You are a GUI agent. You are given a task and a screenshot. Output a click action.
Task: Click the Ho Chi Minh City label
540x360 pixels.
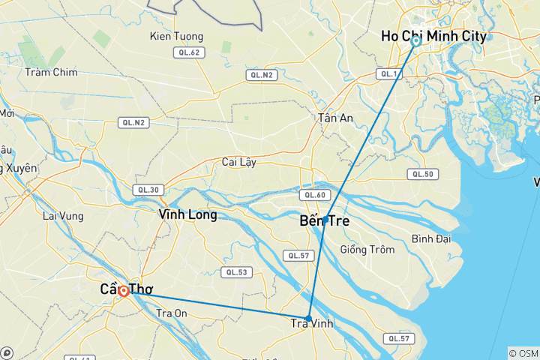(433, 36)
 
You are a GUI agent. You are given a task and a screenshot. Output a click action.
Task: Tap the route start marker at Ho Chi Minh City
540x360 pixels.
(415, 42)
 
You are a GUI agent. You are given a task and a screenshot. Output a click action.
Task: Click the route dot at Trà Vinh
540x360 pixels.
(309, 318)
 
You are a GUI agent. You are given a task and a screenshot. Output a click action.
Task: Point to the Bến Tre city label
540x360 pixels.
(324, 222)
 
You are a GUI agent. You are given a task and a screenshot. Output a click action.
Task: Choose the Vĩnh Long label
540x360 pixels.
(187, 214)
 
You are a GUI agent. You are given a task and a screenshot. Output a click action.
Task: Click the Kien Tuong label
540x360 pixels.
(171, 35)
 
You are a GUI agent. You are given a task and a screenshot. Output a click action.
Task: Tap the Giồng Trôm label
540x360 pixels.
(366, 250)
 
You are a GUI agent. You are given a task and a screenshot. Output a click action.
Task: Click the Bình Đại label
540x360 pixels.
(431, 239)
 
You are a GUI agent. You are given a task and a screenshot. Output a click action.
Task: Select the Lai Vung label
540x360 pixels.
(61, 216)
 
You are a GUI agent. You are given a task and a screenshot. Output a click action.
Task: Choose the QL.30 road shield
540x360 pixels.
(147, 190)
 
